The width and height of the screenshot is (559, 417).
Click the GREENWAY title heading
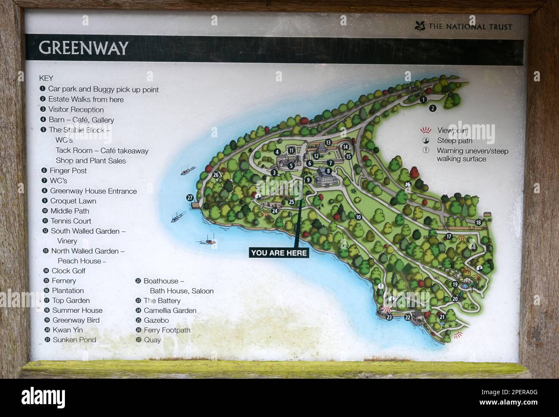click(x=83, y=48)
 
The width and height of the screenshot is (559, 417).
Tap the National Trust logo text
click(x=470, y=27)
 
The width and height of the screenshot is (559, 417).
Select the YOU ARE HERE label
click(x=279, y=253)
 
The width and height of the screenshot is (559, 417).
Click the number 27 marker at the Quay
click(x=190, y=198)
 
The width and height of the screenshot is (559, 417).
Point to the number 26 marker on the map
click(x=216, y=175)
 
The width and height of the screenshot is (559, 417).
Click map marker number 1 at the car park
click(x=423, y=99)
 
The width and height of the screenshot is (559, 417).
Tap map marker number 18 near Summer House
click(x=479, y=222)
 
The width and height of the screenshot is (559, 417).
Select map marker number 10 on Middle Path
click(x=358, y=217)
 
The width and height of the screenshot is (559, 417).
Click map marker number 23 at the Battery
click(x=389, y=318)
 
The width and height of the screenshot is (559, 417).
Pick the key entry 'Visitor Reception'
click(x=76, y=110)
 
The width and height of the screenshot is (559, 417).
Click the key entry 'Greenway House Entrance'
click(x=93, y=191)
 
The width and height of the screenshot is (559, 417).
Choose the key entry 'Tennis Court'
click(x=71, y=221)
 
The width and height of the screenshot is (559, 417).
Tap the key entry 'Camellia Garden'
click(x=169, y=310)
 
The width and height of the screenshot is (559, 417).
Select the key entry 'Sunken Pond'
click(x=74, y=340)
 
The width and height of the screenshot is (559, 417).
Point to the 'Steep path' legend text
click(x=455, y=141)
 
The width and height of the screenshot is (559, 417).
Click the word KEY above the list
click(x=46, y=78)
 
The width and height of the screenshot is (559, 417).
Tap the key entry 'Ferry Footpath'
click(x=167, y=330)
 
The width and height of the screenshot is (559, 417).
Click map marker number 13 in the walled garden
click(x=328, y=142)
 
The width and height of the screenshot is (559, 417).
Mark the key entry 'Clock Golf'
click(x=68, y=271)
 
